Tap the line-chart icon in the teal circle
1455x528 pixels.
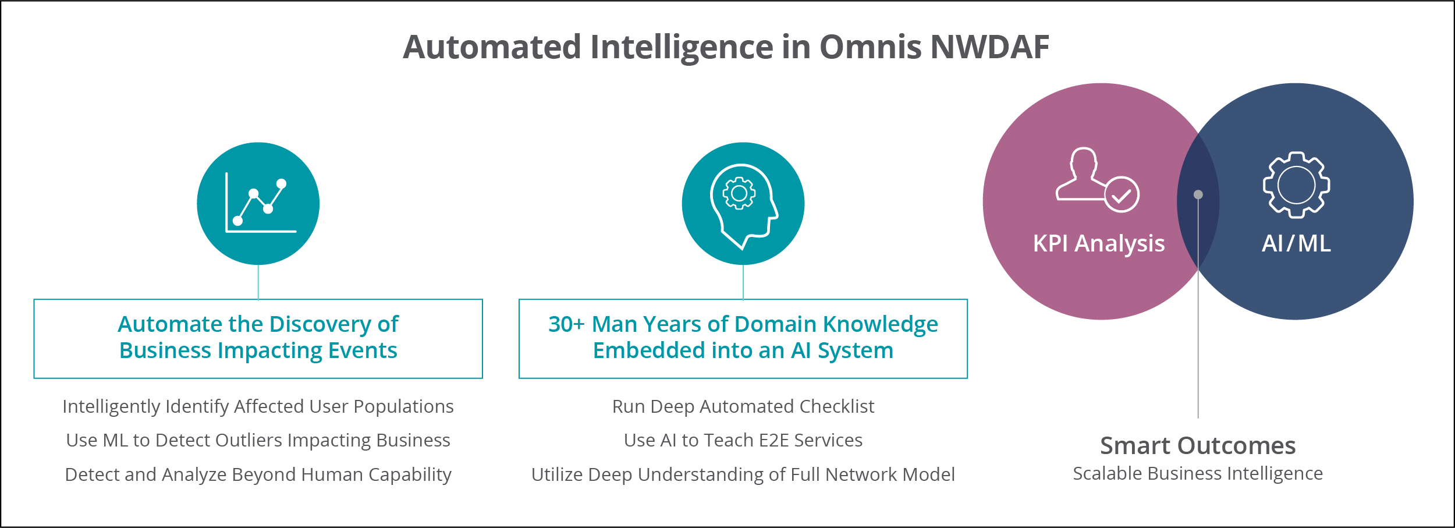tap(260, 202)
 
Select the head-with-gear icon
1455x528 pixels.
tap(744, 207)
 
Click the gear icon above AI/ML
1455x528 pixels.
tap(1296, 185)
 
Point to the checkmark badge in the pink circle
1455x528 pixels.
tap(1121, 194)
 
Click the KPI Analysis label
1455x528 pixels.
tap(1099, 244)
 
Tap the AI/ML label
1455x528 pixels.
tap(1296, 243)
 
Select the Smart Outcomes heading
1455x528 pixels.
tap(1198, 445)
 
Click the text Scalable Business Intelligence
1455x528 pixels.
tap(1198, 474)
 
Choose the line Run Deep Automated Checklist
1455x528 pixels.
tap(743, 406)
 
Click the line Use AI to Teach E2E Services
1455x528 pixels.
tap(743, 440)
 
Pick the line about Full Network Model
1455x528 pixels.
tap(743, 474)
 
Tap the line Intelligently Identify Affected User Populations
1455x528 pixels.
tap(258, 406)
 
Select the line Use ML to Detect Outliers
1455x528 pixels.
tap(258, 440)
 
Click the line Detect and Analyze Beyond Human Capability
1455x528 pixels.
tap(258, 474)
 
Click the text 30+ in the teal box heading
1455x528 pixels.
tap(566, 324)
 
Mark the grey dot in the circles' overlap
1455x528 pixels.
tap(1198, 195)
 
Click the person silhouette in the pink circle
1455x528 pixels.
tap(1080, 174)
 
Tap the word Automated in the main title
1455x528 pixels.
tap(492, 47)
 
